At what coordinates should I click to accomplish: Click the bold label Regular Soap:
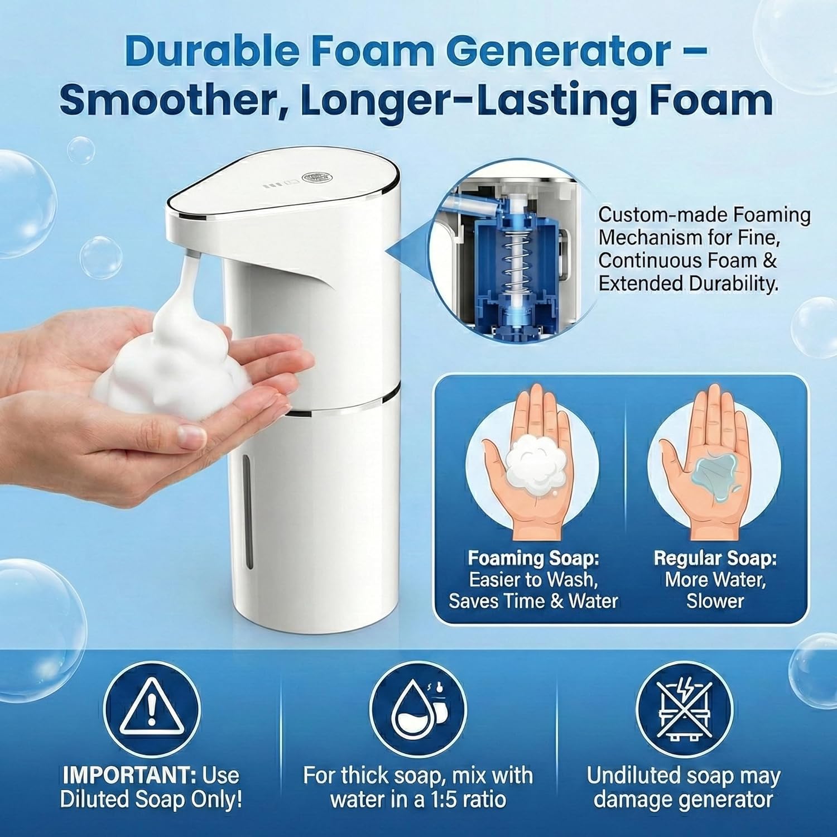715,558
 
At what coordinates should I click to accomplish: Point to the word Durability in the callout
731,283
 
